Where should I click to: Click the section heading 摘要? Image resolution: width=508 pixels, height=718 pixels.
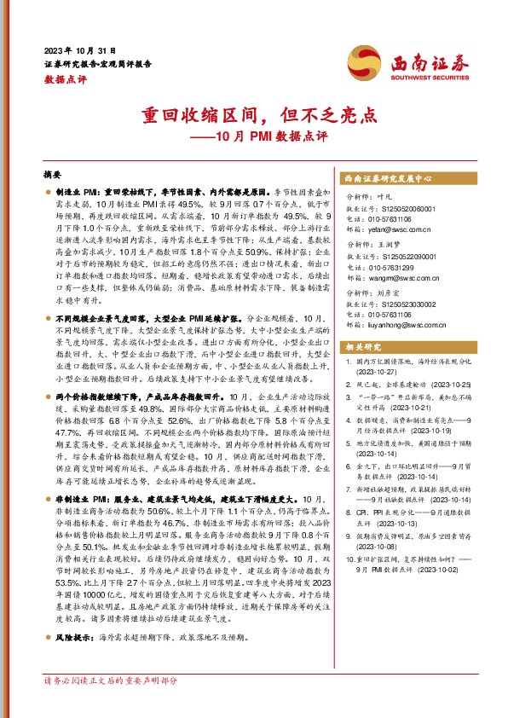pos(52,171)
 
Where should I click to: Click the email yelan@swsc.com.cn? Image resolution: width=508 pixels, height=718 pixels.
pos(397,229)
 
